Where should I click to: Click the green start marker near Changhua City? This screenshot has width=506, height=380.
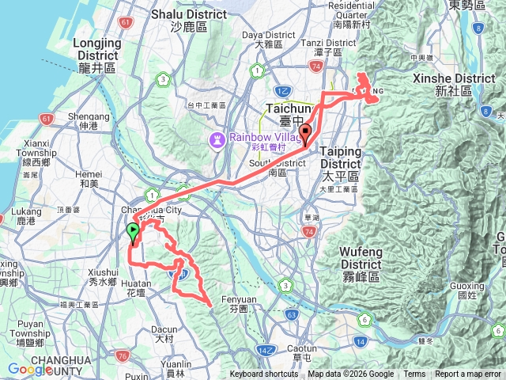click(132, 232)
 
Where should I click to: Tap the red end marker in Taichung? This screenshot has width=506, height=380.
click(305, 134)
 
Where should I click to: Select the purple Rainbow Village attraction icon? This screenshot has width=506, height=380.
click(216, 139)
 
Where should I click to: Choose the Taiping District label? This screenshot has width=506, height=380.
click(341, 157)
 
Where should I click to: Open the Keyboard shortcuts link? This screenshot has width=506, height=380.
click(264, 374)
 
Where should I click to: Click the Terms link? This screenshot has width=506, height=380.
click(414, 374)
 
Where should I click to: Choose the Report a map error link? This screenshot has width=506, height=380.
click(468, 374)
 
